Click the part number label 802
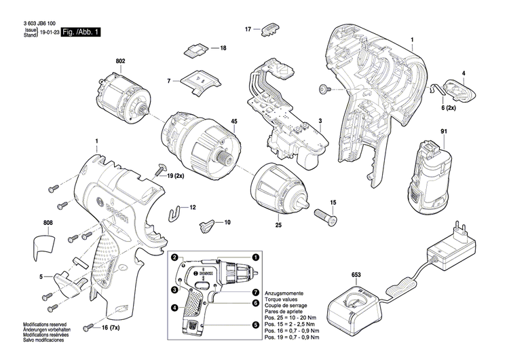[x=121, y=62]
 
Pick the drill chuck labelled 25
[x=278, y=189]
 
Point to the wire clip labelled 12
[x=176, y=211]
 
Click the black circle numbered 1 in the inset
[x=256, y=258]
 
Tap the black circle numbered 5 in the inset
[x=256, y=325]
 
